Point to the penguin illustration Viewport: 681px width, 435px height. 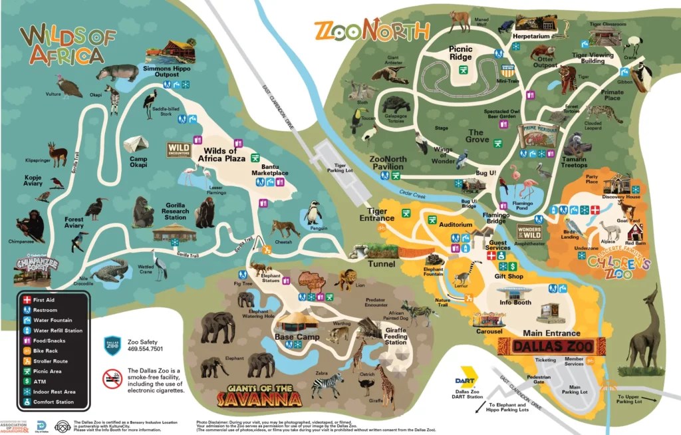pyautogui.click(x=313, y=215)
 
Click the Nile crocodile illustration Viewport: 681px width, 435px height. pyautogui.click(x=110, y=270)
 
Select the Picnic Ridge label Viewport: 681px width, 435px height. pyautogui.click(x=460, y=53)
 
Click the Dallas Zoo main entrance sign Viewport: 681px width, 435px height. pyautogui.click(x=551, y=346)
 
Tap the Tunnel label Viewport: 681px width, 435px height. pyautogui.click(x=380, y=264)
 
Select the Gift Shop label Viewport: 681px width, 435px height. pyautogui.click(x=509, y=276)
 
